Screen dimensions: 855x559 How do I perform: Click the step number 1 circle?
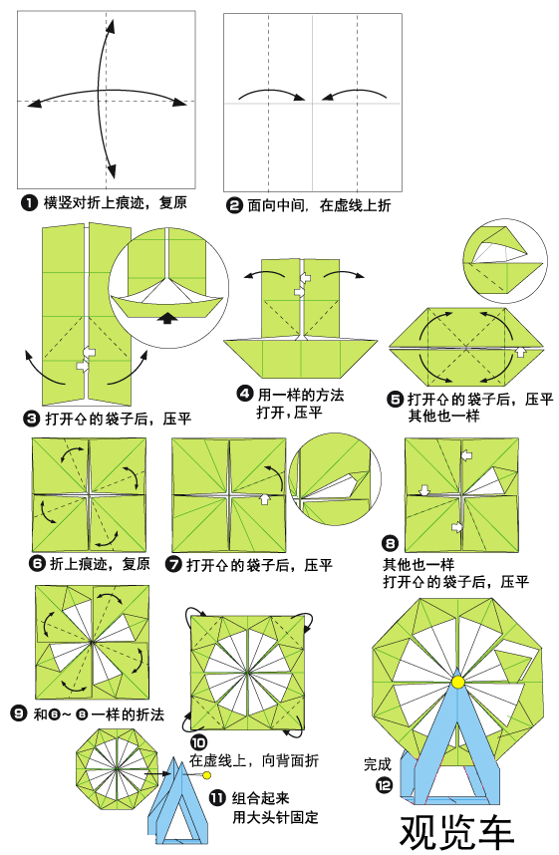tap(29, 203)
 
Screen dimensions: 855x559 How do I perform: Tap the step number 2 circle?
tap(234, 205)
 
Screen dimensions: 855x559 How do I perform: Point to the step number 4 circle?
tap(244, 394)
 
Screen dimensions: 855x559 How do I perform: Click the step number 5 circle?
tap(396, 400)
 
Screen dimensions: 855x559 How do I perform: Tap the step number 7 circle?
tap(173, 565)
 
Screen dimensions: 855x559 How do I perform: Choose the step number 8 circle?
tap(391, 544)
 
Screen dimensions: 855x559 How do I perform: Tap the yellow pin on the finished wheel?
tap(457, 681)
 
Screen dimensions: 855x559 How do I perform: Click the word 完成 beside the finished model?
tap(378, 764)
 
